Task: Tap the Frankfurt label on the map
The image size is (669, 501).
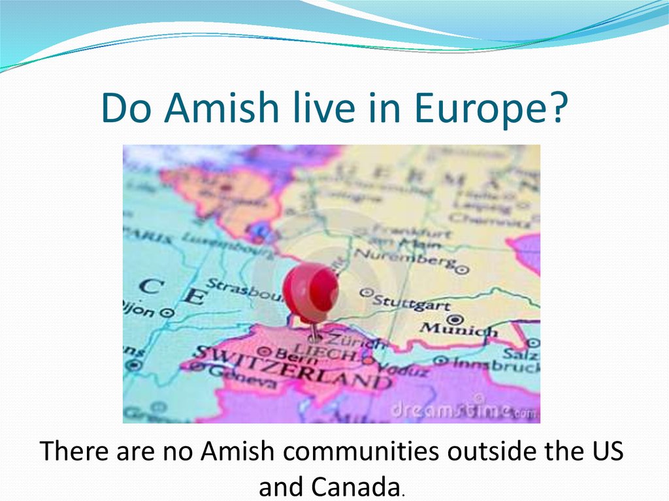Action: coord(411,232)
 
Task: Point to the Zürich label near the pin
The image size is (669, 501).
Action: coord(353,341)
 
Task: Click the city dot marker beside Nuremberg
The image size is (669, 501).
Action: coord(463,268)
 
